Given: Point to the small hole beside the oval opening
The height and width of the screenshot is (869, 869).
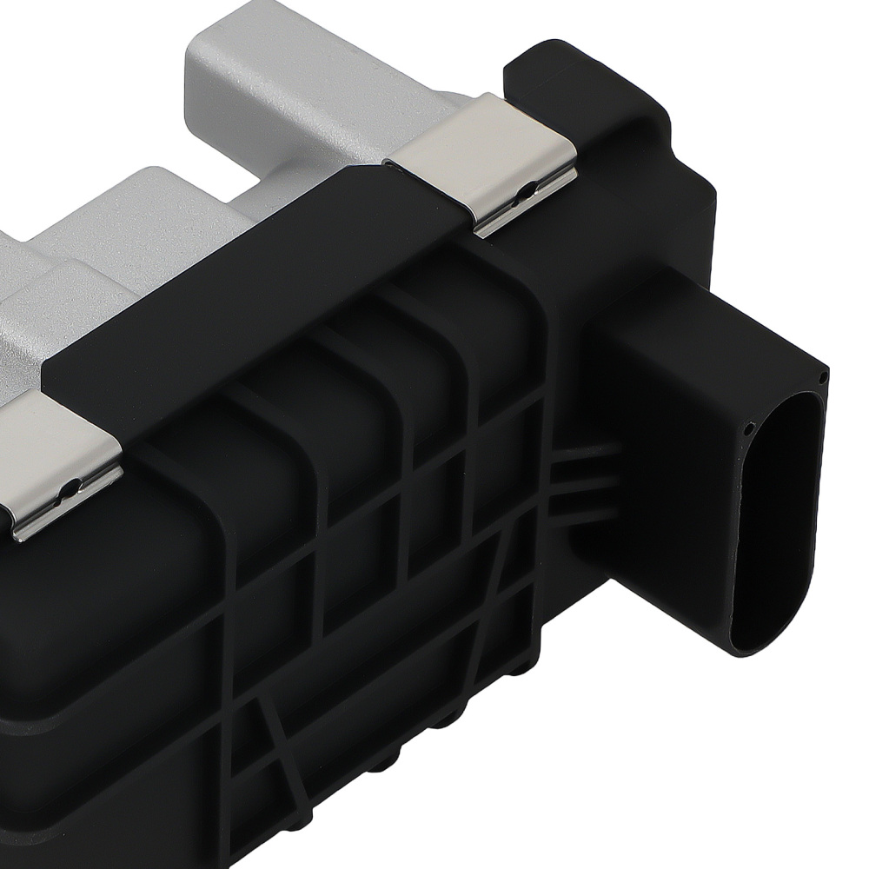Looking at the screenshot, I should (746, 426).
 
